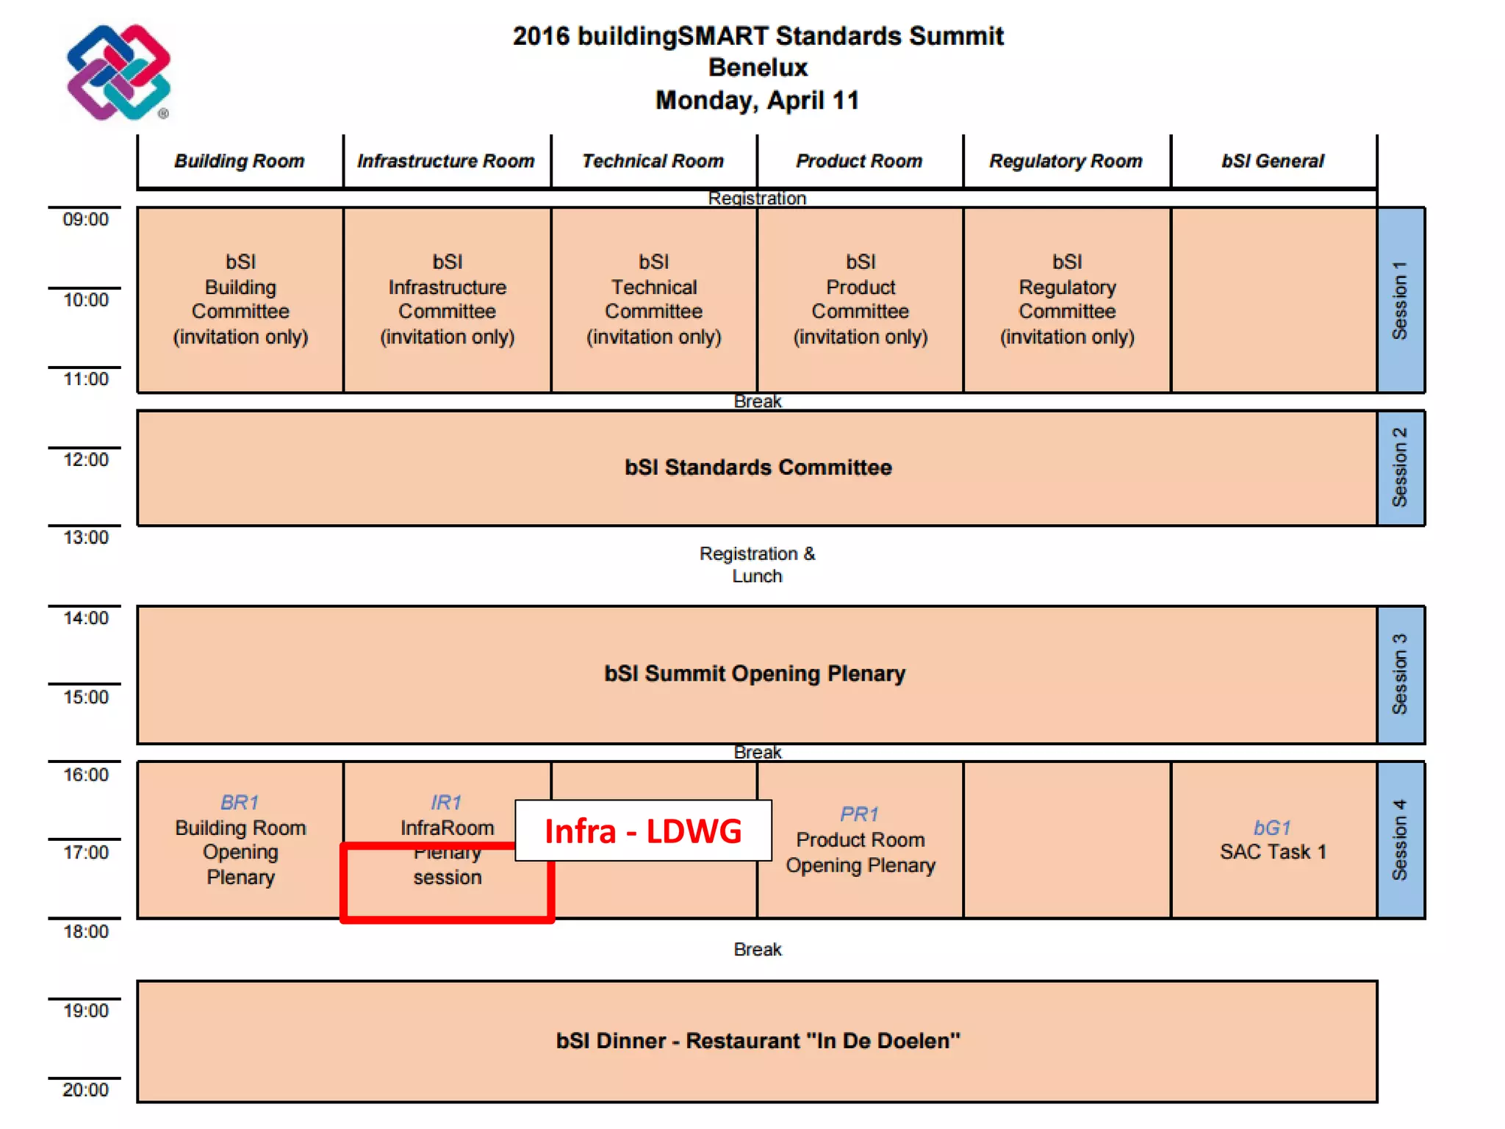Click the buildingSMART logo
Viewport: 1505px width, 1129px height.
click(x=118, y=72)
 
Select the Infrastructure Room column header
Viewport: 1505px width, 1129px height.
click(x=446, y=161)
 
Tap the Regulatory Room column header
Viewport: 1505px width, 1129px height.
click(x=1066, y=161)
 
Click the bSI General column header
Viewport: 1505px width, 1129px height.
click(x=1273, y=161)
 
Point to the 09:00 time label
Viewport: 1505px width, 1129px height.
click(x=85, y=219)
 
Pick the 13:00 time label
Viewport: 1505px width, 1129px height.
click(x=85, y=537)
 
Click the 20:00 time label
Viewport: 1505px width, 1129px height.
click(x=85, y=1089)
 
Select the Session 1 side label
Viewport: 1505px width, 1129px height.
click(x=1400, y=300)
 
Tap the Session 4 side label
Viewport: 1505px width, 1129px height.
click(x=1400, y=839)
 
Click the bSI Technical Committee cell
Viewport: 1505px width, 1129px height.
click(x=653, y=299)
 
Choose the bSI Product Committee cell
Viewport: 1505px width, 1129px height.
click(x=861, y=299)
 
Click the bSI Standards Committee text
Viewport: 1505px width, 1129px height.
click(x=758, y=467)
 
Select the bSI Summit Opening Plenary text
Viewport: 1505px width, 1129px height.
click(x=755, y=673)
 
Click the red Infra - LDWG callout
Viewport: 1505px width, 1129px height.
click(x=643, y=831)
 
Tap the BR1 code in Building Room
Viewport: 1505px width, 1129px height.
click(x=240, y=802)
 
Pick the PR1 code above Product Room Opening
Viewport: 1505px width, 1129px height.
click(x=859, y=814)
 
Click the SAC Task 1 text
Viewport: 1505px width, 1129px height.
click(x=1273, y=852)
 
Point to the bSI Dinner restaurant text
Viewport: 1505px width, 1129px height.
click(x=758, y=1041)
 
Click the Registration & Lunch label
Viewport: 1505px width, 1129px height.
click(x=757, y=564)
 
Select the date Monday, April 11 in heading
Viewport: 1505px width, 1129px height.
click(x=757, y=100)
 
